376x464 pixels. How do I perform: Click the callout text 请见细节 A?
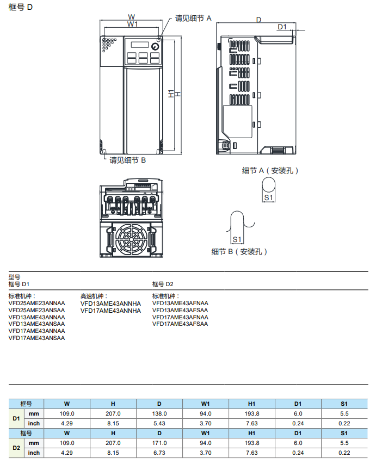point(193,18)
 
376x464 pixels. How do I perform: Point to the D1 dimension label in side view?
point(281,27)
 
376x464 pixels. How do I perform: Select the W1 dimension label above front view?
point(132,24)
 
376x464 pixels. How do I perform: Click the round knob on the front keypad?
point(155,46)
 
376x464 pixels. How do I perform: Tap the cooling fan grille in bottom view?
point(131,239)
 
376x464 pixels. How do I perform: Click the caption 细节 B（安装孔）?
point(240,252)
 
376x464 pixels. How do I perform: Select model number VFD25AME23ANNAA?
point(36,303)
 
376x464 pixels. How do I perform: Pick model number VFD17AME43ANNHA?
point(110,311)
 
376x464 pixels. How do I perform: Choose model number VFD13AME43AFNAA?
point(180,303)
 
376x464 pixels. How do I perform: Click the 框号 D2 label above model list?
point(163,284)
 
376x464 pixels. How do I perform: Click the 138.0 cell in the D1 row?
point(159,413)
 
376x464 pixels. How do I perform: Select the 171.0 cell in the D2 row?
point(159,443)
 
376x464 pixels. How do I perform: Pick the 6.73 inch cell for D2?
point(159,453)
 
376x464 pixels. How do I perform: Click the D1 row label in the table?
point(16,418)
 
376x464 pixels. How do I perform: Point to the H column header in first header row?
point(113,404)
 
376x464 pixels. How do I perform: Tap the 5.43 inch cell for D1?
point(159,423)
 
